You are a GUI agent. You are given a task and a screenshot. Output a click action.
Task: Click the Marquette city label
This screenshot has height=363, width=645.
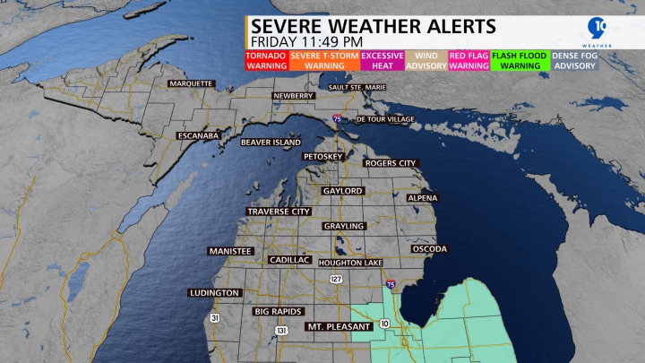[190, 83]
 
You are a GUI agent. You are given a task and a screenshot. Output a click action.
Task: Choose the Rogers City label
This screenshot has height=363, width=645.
[390, 163]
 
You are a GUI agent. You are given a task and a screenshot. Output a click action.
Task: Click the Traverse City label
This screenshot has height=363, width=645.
[279, 212]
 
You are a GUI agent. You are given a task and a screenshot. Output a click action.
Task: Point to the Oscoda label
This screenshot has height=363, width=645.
[429, 248]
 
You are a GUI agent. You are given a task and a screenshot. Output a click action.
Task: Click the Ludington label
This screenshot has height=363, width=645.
[214, 293]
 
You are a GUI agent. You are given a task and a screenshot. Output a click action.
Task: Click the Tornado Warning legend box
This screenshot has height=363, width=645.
[266, 60]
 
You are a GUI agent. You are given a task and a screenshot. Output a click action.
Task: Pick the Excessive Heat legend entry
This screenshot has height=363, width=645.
[382, 60]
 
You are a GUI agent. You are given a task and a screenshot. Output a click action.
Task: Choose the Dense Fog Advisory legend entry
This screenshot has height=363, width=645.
[576, 60]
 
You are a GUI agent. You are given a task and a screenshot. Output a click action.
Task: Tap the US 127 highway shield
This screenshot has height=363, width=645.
[336, 280]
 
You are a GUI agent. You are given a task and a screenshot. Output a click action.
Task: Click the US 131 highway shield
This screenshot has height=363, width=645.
[282, 331]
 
